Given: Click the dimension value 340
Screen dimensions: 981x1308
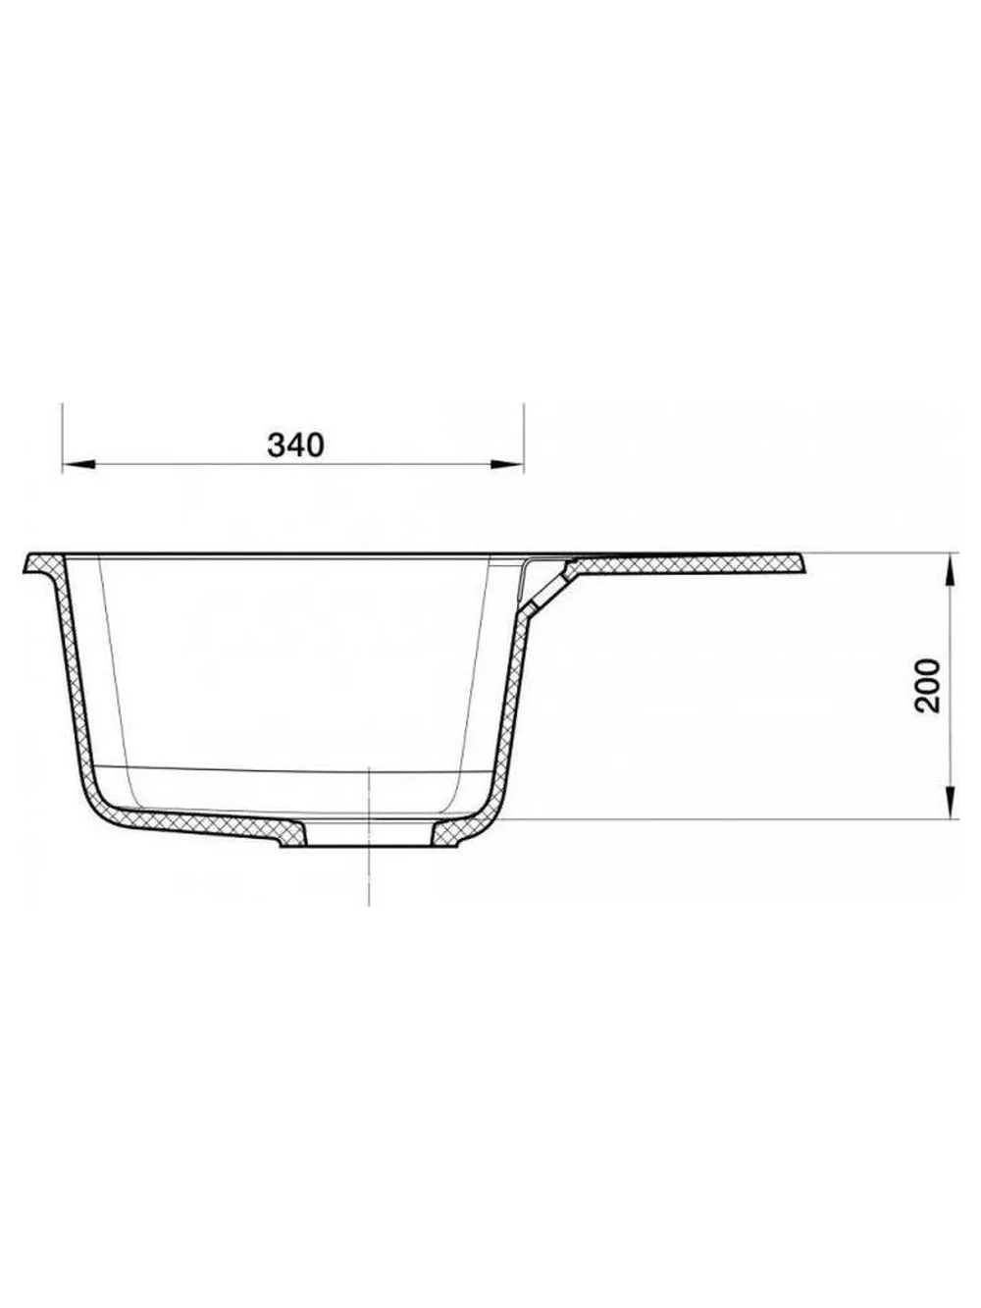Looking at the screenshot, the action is [295, 445].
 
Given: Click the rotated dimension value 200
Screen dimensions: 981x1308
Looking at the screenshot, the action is [927, 686].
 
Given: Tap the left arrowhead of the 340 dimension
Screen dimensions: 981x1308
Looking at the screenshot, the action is [78, 463].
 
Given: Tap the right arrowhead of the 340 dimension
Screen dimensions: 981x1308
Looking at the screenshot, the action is [507, 463].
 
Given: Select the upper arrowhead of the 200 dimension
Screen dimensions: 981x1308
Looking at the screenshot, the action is [951, 570].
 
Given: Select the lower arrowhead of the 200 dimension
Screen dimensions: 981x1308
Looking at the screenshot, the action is [951, 802].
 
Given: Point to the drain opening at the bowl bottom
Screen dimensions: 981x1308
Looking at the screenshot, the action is [370, 833].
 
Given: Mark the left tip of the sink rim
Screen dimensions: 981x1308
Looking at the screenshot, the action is [24, 571].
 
